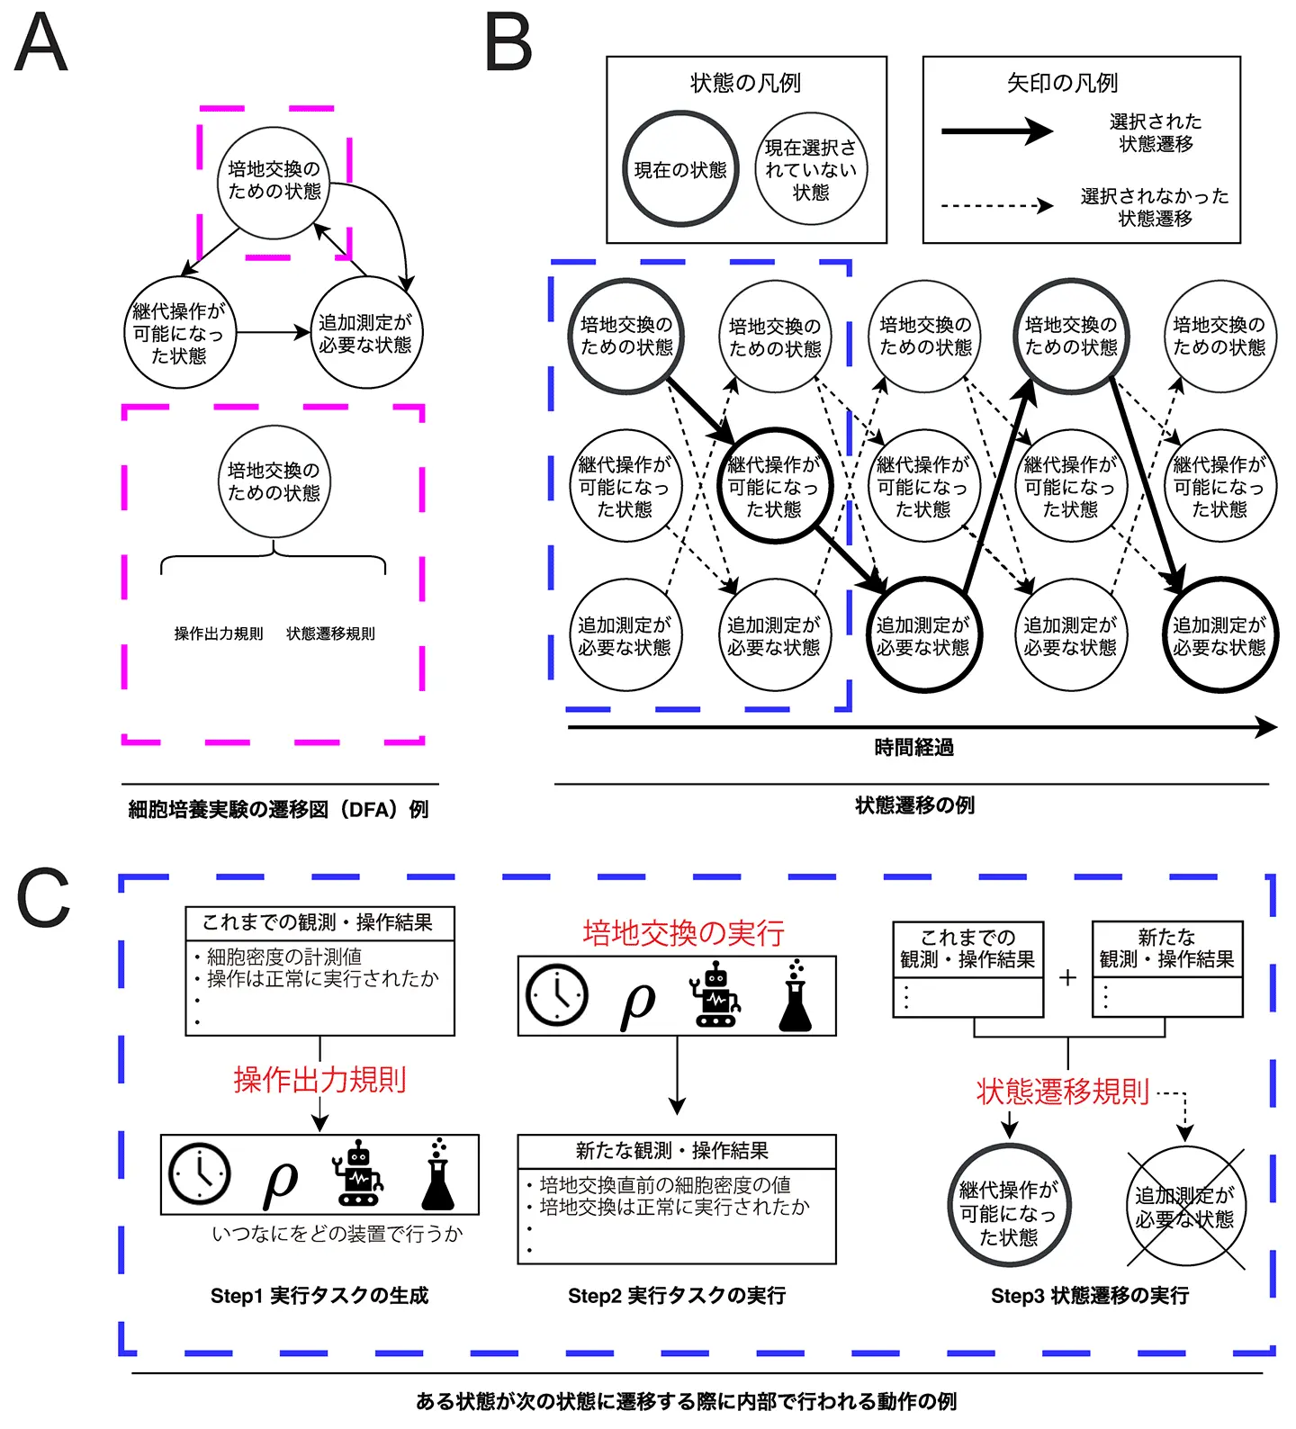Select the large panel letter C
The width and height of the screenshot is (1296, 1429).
click(43, 898)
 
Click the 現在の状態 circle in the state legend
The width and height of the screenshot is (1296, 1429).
click(680, 169)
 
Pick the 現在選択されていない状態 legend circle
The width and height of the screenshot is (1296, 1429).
click(810, 169)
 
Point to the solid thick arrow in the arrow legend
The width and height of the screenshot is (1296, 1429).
click(996, 131)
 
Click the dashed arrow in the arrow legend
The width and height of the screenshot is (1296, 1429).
click(996, 206)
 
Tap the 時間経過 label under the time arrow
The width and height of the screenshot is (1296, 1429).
click(913, 748)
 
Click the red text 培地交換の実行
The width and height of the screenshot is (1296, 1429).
click(683, 933)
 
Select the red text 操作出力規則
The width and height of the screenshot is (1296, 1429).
click(319, 1079)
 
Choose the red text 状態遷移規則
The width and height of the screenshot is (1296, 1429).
click(1063, 1092)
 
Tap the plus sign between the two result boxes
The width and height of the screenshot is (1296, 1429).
click(1067, 977)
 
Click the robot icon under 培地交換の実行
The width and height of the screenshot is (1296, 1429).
click(715, 995)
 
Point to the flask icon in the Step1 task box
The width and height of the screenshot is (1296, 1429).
click(438, 1174)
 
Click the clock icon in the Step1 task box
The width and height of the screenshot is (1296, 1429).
click(200, 1174)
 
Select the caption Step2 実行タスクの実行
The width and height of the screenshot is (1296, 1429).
click(677, 1296)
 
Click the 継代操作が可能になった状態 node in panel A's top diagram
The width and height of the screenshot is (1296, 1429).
click(178, 333)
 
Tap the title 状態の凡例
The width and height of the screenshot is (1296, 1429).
click(745, 84)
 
